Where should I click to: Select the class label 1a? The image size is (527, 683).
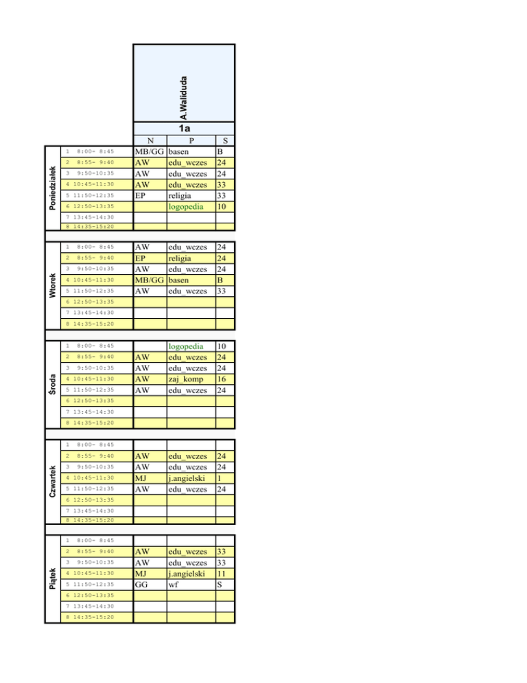tap(184, 128)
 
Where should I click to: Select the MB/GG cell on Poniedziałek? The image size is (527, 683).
tap(150, 152)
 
